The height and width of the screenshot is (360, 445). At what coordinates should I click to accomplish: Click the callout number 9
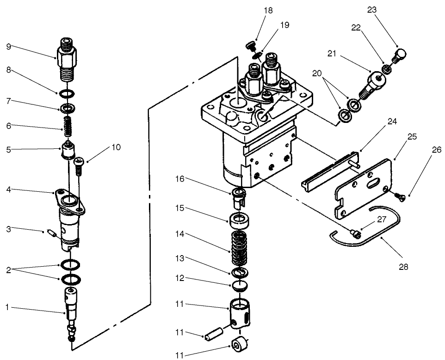pyautogui.click(x=9, y=46)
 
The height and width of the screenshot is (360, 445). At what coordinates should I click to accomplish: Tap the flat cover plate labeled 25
pyautogui.click(x=365, y=185)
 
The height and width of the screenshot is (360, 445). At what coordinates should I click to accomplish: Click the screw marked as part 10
pyautogui.click(x=78, y=165)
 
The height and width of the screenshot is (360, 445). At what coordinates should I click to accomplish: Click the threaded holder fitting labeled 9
pyautogui.click(x=68, y=59)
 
